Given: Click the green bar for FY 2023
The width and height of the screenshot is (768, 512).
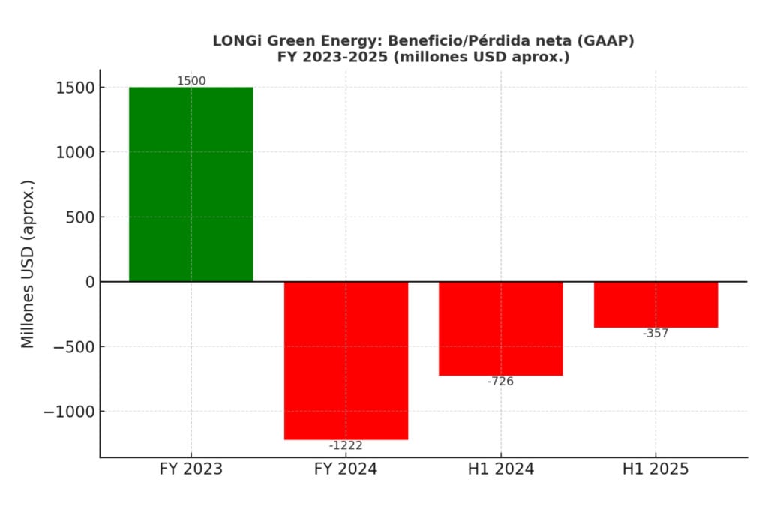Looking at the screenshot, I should pos(190,184).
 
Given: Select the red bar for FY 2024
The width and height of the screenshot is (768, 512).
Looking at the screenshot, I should pos(346,360).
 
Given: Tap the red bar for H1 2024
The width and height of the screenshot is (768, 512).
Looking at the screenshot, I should pos(500,328).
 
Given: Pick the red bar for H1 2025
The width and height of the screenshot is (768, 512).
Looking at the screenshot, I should pos(655,304).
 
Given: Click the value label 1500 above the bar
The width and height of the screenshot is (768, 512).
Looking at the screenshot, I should pos(190,81).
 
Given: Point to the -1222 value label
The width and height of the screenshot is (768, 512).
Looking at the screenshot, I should pos(346,445).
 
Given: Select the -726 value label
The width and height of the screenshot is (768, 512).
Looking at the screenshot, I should pos(500,381).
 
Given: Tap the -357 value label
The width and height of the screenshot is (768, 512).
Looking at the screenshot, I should pos(655,333).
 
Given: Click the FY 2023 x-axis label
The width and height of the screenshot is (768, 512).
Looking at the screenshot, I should pos(190,469).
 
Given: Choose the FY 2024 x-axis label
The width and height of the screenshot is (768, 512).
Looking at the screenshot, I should pos(346,469).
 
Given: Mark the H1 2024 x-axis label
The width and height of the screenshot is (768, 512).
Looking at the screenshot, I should pos(500,469).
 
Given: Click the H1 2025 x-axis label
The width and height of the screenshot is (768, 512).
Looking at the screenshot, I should pos(655,469).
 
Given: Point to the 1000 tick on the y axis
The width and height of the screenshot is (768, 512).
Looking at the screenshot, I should pos(75,152).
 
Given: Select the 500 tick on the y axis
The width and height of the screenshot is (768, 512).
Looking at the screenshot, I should pos(80,217).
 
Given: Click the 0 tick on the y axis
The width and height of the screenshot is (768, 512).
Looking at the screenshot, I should pos(90,282).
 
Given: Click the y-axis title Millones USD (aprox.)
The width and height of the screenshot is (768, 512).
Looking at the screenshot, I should pos(28,264).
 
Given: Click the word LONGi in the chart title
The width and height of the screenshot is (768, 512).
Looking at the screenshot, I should pos(235,41).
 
